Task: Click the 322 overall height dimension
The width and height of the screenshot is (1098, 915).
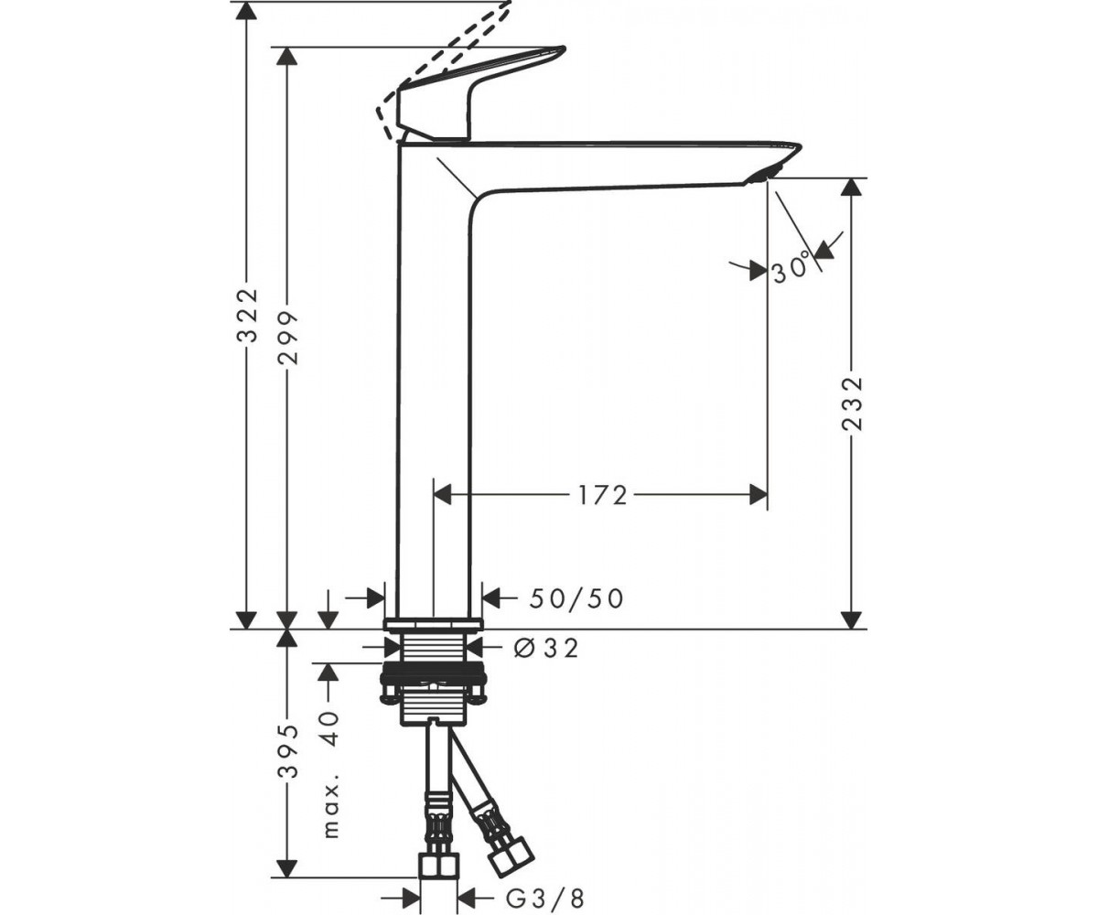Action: click(248, 316)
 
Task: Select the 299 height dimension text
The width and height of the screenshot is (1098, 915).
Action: click(287, 339)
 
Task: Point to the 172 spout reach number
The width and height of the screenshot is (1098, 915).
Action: click(603, 495)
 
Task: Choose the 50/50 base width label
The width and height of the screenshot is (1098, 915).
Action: click(576, 599)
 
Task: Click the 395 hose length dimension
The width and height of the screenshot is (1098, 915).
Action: click(287, 751)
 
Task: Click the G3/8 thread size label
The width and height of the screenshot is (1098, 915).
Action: click(545, 885)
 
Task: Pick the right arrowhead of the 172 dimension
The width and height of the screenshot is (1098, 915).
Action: click(759, 495)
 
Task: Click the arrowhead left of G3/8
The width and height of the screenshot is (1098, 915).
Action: click(411, 885)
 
